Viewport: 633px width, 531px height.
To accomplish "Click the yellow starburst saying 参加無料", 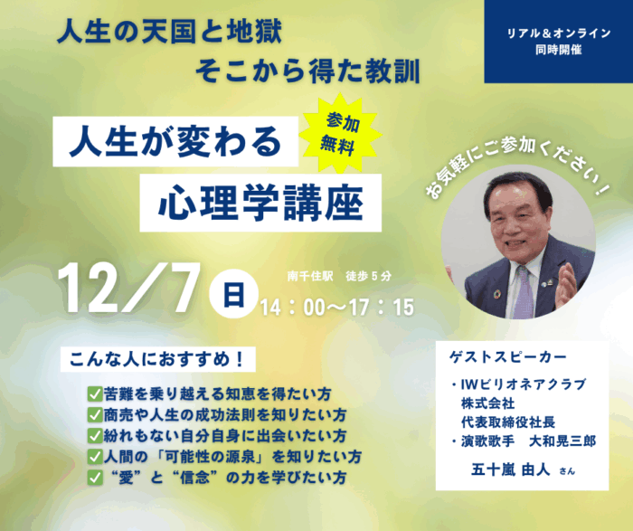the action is [340, 133].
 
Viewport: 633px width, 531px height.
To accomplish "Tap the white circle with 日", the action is [233, 294].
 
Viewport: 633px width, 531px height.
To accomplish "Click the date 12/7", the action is [128, 289].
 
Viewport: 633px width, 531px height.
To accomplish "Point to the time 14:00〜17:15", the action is [337, 308].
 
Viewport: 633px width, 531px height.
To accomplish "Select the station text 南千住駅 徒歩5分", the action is [339, 276].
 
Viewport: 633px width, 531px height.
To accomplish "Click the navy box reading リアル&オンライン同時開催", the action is [559, 42].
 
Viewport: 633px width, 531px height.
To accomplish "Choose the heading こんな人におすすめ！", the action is [157, 359].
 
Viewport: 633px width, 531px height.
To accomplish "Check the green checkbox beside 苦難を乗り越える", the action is [95, 394].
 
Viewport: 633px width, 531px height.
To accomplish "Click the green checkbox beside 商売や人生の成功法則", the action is [95, 414].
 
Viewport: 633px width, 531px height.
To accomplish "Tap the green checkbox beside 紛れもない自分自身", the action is [95, 436].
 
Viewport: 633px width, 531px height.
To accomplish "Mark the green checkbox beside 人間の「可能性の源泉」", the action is [95, 457].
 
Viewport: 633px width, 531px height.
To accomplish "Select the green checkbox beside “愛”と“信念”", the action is [95, 478].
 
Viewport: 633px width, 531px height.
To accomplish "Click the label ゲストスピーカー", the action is [507, 357].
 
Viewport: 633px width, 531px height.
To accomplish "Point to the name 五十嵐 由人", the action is [510, 469].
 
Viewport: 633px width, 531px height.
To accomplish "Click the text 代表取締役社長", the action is [508, 422].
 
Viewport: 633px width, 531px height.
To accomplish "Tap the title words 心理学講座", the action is [260, 203].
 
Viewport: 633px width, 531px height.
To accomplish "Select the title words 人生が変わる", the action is [175, 141].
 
